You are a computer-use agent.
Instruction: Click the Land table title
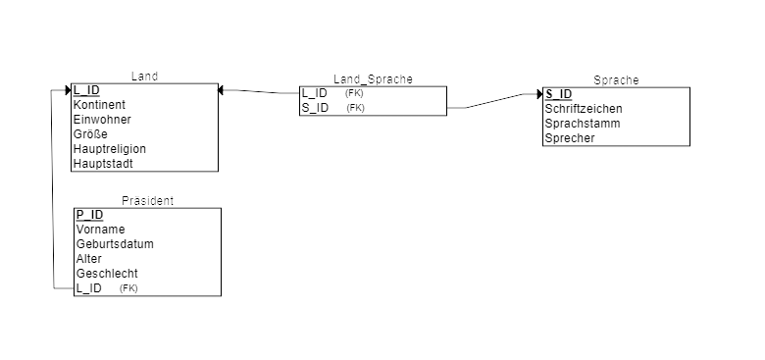pyautogui.click(x=144, y=77)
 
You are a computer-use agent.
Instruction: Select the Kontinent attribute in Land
pyautogui.click(x=99, y=105)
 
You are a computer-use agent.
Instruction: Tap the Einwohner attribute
pyautogui.click(x=102, y=120)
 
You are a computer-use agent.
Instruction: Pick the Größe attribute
pyautogui.click(x=91, y=134)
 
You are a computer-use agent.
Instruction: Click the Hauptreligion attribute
pyautogui.click(x=110, y=149)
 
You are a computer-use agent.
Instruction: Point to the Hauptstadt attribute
pyautogui.click(x=103, y=164)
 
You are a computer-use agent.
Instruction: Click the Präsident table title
pyautogui.click(x=147, y=200)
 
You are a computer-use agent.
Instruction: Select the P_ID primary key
pyautogui.click(x=90, y=215)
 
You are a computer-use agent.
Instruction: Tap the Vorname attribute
pyautogui.click(x=100, y=230)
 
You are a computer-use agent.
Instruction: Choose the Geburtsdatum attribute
pyautogui.click(x=115, y=244)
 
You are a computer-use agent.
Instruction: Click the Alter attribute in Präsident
pyautogui.click(x=89, y=259)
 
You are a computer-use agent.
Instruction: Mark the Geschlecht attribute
pyautogui.click(x=107, y=273)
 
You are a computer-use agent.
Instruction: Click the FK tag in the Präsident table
pyautogui.click(x=128, y=288)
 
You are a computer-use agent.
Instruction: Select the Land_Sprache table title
pyautogui.click(x=374, y=79)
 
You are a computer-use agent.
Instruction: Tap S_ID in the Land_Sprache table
pyautogui.click(x=315, y=108)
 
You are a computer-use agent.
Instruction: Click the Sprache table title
pyautogui.click(x=616, y=80)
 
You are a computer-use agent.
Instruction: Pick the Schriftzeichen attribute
pyautogui.click(x=584, y=109)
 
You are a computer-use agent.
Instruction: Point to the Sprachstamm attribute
pyautogui.click(x=583, y=124)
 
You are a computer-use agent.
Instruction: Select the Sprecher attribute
pyautogui.click(x=570, y=138)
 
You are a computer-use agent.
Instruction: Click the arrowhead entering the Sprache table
pyautogui.click(x=539, y=93)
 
